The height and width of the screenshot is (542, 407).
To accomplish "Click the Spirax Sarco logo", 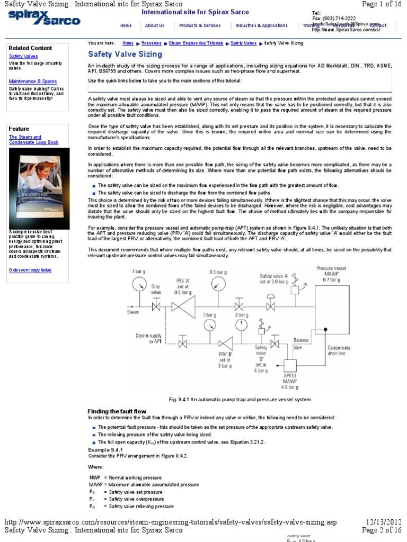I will (44, 19).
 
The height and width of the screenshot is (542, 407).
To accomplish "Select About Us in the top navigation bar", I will (154, 25).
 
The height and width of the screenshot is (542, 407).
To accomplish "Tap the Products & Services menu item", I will (199, 25).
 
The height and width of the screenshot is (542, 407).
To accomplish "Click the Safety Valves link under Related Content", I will (23, 56).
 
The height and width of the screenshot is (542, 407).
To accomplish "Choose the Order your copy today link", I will (30, 270).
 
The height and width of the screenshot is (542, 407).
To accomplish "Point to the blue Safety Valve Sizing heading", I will (125, 54).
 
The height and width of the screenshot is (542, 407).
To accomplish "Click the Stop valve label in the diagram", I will (156, 289).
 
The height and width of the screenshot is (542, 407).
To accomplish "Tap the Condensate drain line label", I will (339, 351).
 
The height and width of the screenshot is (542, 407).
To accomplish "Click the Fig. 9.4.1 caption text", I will (238, 399).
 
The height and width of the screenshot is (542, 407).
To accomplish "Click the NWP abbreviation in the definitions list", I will (95, 477).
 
